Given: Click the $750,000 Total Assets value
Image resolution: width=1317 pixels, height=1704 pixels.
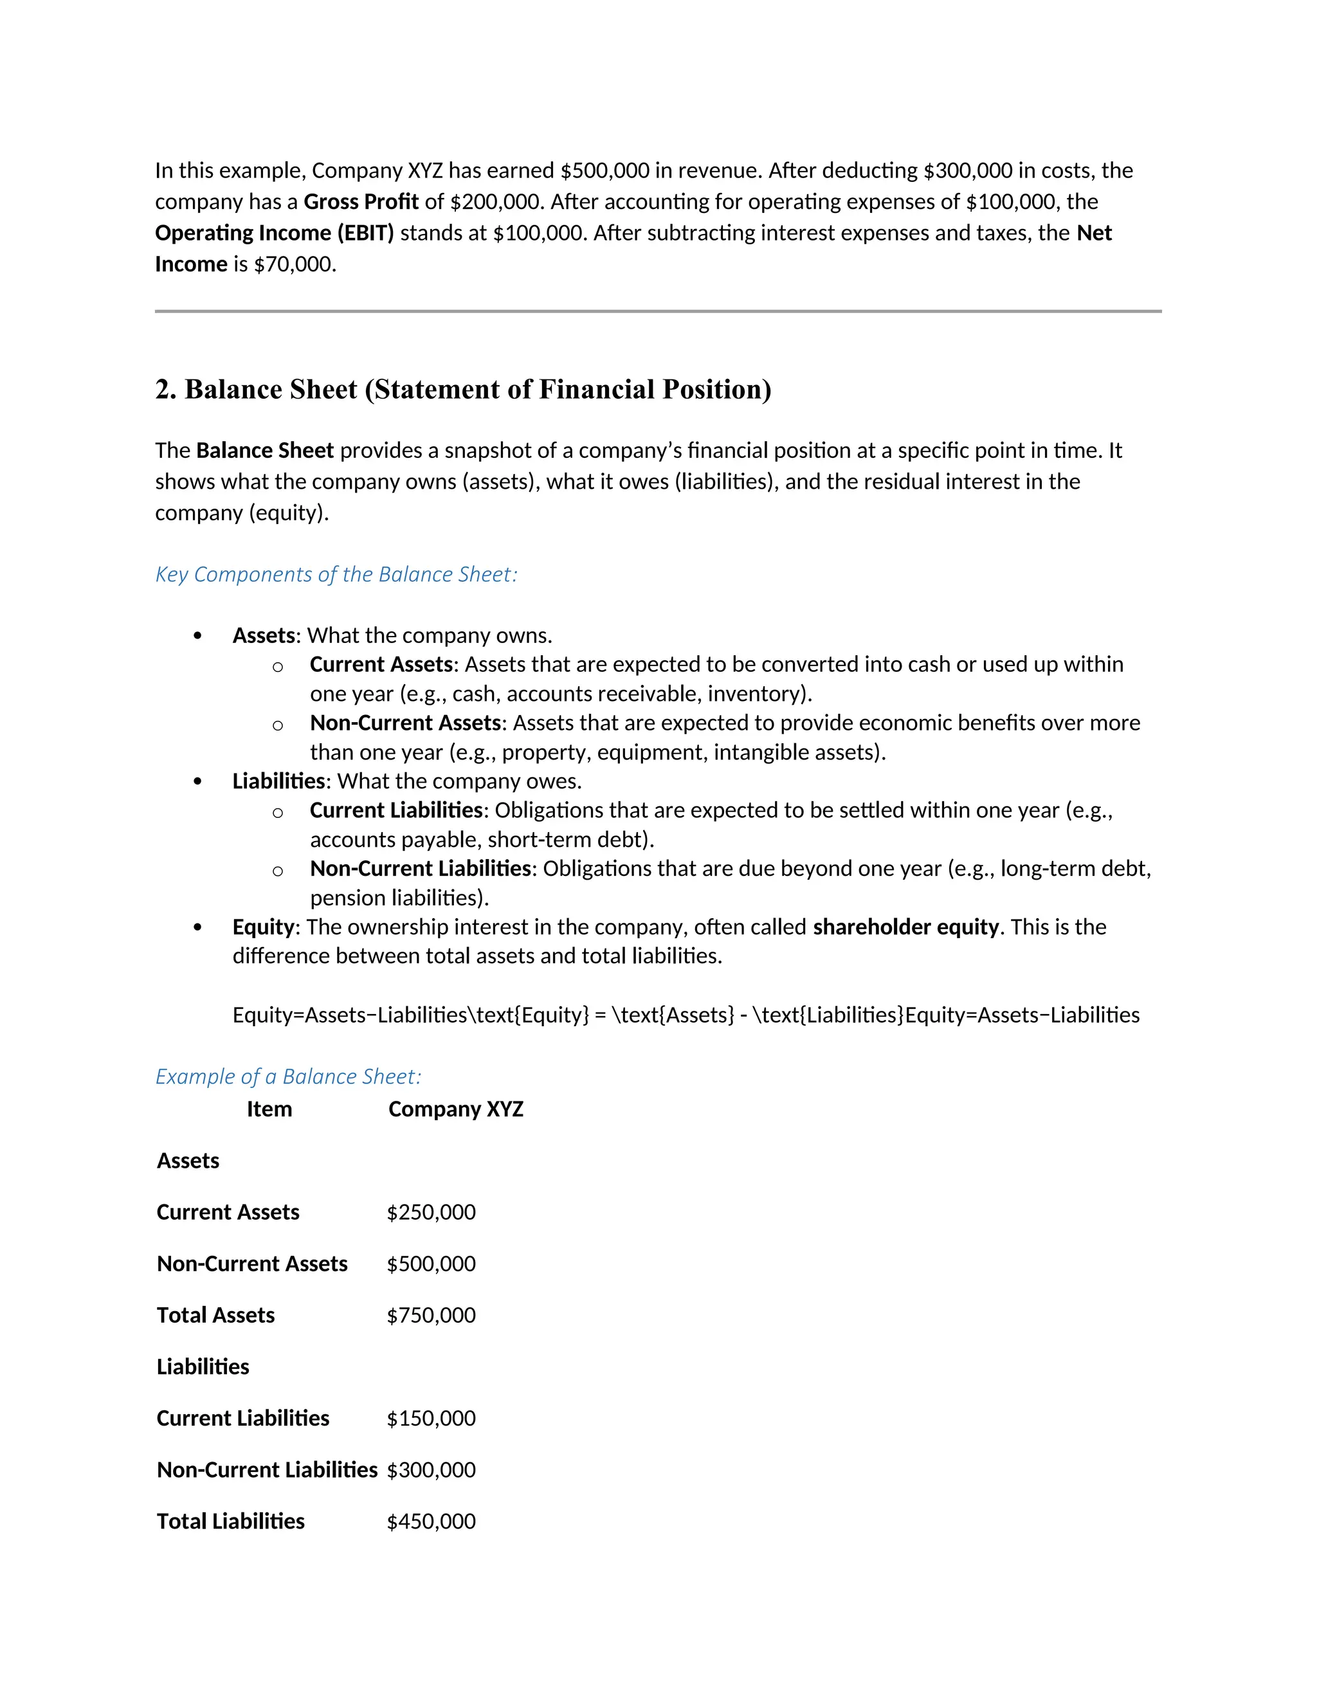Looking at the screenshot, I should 431,1315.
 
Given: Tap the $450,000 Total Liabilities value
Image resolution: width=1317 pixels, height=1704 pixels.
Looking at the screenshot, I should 431,1521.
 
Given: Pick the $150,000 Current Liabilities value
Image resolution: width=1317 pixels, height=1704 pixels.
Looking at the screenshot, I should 431,1418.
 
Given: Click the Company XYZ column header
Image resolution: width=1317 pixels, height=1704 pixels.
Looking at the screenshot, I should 456,1109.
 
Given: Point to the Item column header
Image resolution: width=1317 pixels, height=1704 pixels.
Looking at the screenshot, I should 269,1109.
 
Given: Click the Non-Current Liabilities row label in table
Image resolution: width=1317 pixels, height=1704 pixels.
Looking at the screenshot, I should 267,1469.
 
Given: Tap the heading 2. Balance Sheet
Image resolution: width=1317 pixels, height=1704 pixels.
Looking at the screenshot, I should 462,389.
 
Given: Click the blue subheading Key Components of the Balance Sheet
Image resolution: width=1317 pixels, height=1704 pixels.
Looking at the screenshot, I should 336,574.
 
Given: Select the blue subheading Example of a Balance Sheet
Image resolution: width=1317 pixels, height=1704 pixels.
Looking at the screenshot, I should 288,1076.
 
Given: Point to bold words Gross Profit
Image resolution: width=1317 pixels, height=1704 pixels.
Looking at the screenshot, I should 361,202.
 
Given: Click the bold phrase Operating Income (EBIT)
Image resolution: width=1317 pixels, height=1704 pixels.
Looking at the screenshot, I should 275,233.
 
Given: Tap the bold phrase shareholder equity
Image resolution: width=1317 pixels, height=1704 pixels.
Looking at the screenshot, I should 905,927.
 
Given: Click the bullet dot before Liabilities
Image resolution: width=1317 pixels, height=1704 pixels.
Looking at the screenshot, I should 197,782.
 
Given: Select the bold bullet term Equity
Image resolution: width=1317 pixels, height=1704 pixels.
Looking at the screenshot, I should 263,927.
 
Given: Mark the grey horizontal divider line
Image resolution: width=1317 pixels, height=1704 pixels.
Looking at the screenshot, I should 658,311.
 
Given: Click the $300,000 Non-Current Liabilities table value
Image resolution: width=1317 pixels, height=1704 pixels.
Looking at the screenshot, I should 431,1469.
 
